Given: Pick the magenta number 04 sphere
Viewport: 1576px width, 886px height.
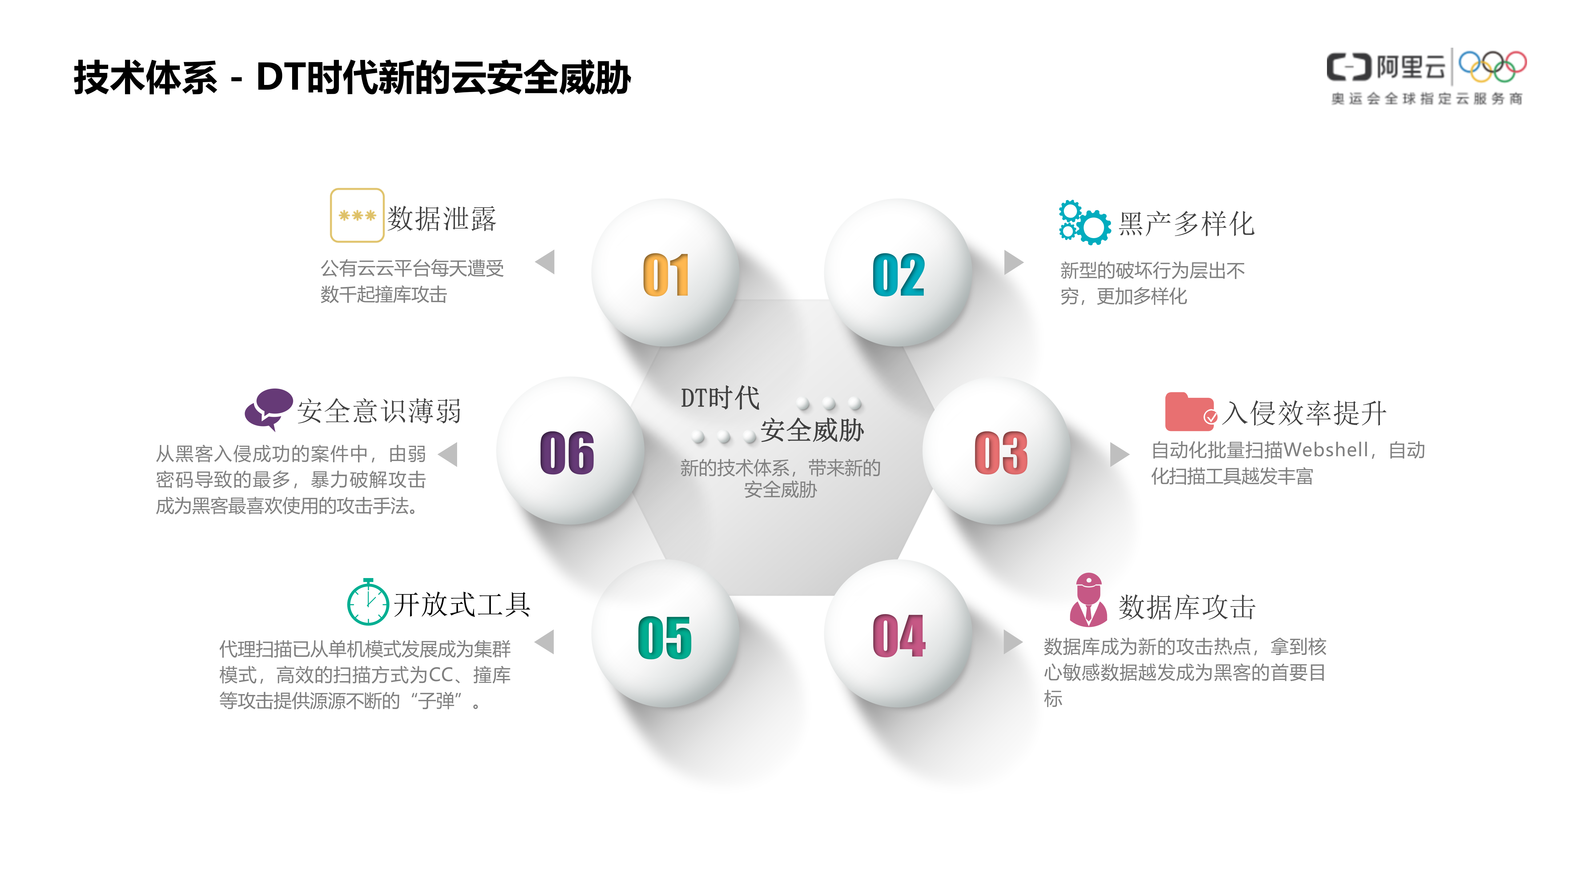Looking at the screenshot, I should click(x=898, y=635).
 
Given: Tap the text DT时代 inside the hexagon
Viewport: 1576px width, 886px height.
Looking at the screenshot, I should click(x=719, y=398).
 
